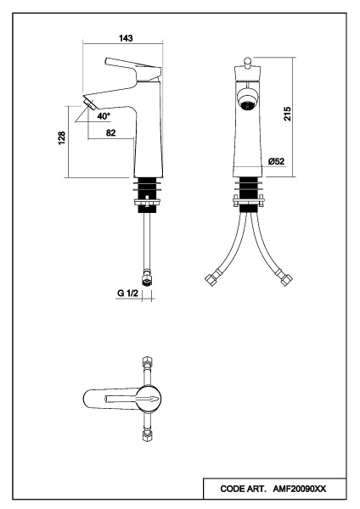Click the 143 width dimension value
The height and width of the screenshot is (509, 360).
[126, 38]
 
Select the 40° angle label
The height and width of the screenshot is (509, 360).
[104, 116]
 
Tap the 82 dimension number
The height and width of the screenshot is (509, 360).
[110, 133]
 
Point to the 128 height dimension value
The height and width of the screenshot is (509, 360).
[62, 138]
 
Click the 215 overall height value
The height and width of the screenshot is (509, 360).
[288, 114]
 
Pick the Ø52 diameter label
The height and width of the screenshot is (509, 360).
[277, 161]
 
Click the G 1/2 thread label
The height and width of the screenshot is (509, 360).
[127, 294]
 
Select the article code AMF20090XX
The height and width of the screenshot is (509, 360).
[299, 489]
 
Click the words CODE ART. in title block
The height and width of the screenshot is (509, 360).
[244, 489]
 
